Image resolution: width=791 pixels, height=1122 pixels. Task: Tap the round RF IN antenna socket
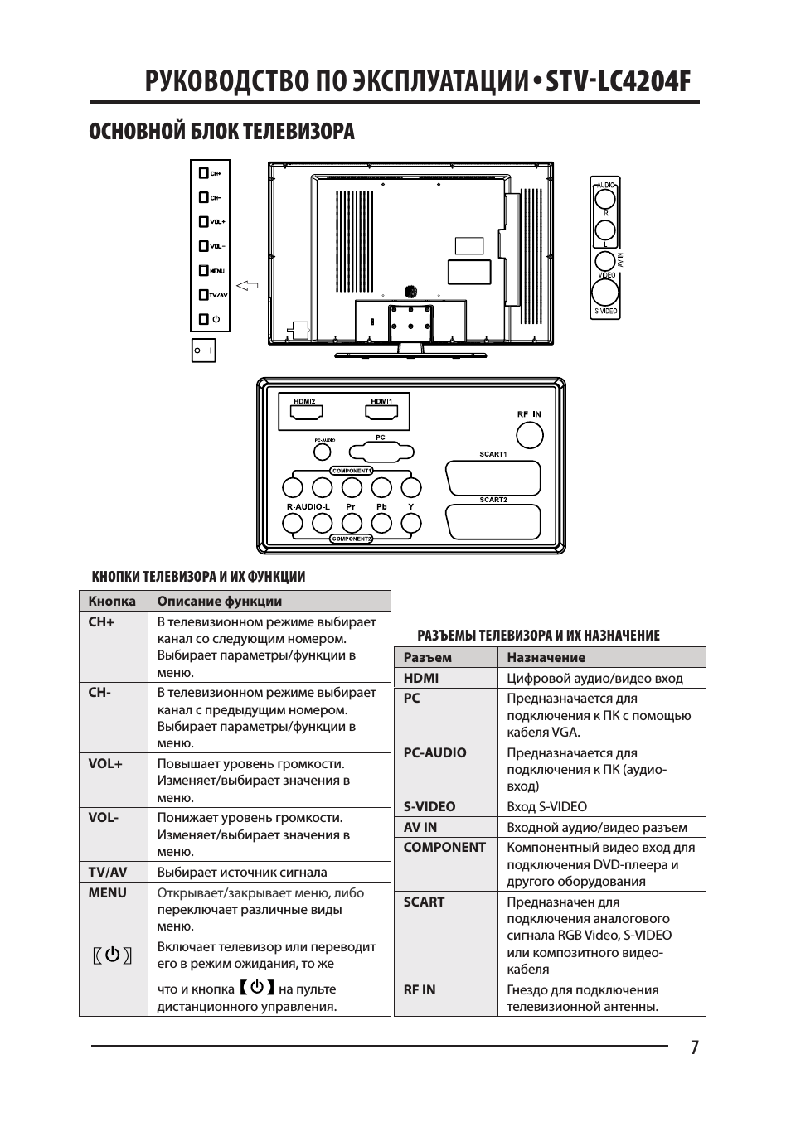click(529, 435)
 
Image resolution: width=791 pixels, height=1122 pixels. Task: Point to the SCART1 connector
click(493, 477)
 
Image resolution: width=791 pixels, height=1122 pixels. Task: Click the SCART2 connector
click(493, 522)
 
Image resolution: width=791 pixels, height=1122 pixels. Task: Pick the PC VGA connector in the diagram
click(381, 452)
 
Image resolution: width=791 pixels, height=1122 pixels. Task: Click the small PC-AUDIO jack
click(323, 452)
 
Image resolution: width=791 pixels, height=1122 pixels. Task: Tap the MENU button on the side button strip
click(204, 270)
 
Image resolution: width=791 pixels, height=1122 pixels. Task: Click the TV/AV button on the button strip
click(204, 294)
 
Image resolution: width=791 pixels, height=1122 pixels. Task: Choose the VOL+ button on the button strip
click(204, 221)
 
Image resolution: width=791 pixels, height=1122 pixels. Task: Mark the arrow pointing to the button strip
click(247, 287)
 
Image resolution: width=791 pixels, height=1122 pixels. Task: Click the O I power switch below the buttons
click(203, 351)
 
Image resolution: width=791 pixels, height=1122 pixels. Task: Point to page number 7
click(694, 1047)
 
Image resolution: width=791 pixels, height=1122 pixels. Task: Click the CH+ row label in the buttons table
click(102, 621)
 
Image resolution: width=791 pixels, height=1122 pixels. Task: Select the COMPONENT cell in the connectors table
click(444, 847)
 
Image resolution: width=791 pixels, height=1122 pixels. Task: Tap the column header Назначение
click(546, 657)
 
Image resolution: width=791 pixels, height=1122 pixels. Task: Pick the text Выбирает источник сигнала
click(242, 872)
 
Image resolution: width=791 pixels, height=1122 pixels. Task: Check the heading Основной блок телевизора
click(222, 131)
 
